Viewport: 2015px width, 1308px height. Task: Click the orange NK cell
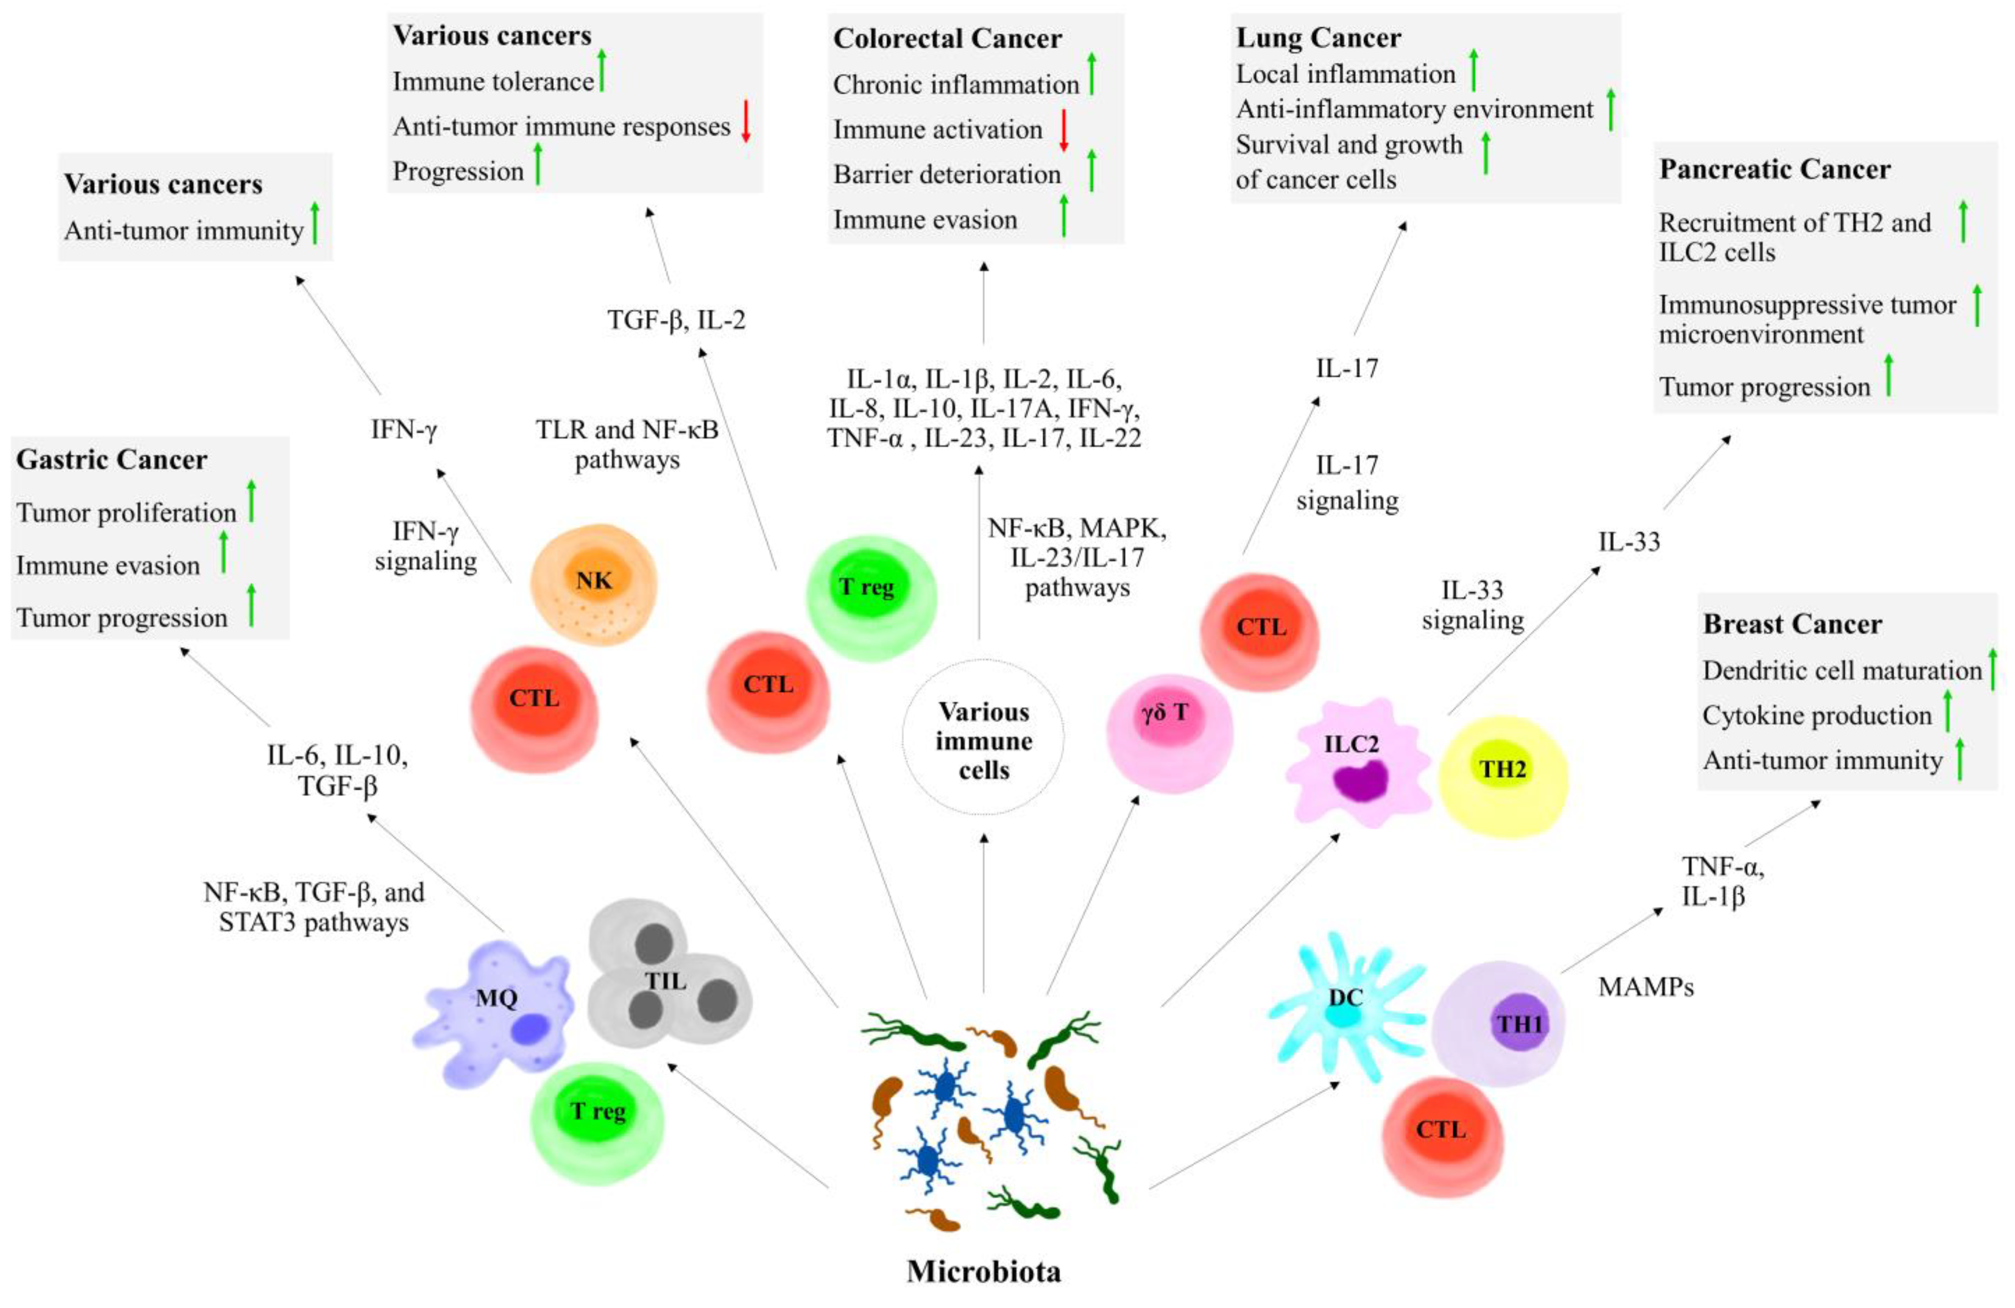pyautogui.click(x=594, y=584)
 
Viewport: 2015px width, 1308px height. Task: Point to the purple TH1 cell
pyautogui.click(x=1499, y=1023)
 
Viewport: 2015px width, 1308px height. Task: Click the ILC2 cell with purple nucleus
pyautogui.click(x=1354, y=762)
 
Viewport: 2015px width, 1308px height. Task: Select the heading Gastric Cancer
pyautogui.click(x=112, y=460)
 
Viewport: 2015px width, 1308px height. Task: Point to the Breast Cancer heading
pyautogui.click(x=1792, y=624)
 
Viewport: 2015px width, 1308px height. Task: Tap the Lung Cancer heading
pyautogui.click(x=1318, y=38)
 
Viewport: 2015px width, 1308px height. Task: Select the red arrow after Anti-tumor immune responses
pyautogui.click(x=746, y=121)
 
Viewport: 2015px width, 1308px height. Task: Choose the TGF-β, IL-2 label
pyautogui.click(x=676, y=320)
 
